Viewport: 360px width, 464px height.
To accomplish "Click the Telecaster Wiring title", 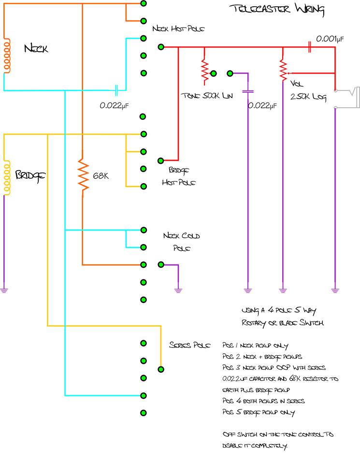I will (276, 9).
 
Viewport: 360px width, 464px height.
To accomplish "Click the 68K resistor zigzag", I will (83, 175).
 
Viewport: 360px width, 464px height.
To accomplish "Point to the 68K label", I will (100, 176).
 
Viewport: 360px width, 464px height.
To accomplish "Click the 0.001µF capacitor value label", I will (330, 39).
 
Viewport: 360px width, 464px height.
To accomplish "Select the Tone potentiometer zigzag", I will (204, 71).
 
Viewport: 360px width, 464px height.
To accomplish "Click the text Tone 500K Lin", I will (206, 96).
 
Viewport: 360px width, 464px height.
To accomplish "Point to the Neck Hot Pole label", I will (178, 29).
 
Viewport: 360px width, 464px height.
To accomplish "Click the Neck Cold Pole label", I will (182, 242).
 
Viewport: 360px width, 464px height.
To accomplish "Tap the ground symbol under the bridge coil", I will (4, 290).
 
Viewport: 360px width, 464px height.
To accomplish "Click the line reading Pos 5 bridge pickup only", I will (258, 412).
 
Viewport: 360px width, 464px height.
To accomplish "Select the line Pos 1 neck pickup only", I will (255, 346).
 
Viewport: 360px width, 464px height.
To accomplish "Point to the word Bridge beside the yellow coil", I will (30, 175).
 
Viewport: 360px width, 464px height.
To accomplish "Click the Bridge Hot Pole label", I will (179, 177).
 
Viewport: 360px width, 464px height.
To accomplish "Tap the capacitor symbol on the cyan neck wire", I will (116, 90).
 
